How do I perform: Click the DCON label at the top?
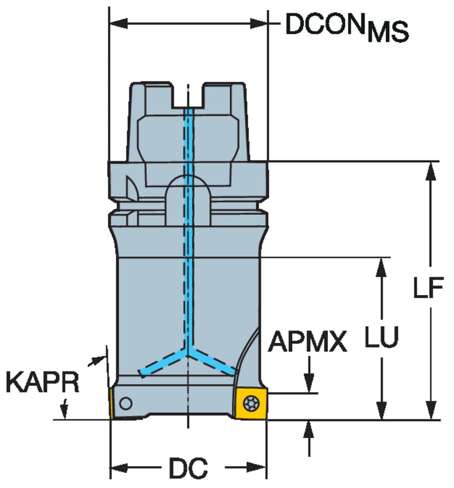pyautogui.click(x=325, y=24)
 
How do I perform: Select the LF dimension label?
pyautogui.click(x=428, y=287)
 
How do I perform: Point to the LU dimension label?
pyautogui.click(x=381, y=337)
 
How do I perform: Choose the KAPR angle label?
pyautogui.click(x=43, y=382)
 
